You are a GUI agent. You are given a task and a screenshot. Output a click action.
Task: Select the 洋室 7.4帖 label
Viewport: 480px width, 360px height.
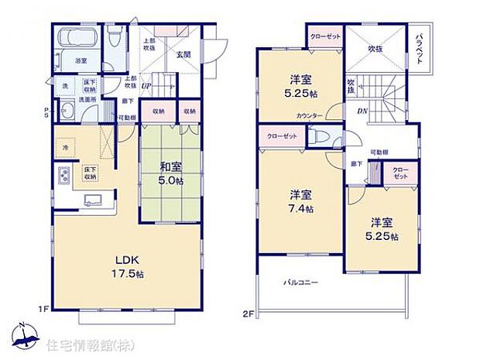(301, 201)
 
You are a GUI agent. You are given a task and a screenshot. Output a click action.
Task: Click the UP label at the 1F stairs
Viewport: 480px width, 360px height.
(145, 86)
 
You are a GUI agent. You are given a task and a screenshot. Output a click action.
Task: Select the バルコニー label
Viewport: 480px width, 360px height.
(300, 283)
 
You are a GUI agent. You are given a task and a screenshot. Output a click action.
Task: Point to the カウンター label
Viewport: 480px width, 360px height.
(309, 115)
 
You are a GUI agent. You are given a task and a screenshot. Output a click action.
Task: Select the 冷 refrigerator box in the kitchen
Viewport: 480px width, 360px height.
(66, 148)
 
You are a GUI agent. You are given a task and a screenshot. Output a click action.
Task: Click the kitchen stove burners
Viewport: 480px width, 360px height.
(62, 176)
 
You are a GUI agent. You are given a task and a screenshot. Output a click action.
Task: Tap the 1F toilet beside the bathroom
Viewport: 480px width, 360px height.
(116, 36)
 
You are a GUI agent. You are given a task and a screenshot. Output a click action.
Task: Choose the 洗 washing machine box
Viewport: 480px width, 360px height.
(65, 85)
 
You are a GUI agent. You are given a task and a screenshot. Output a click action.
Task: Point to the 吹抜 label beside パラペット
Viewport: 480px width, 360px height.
(375, 48)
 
